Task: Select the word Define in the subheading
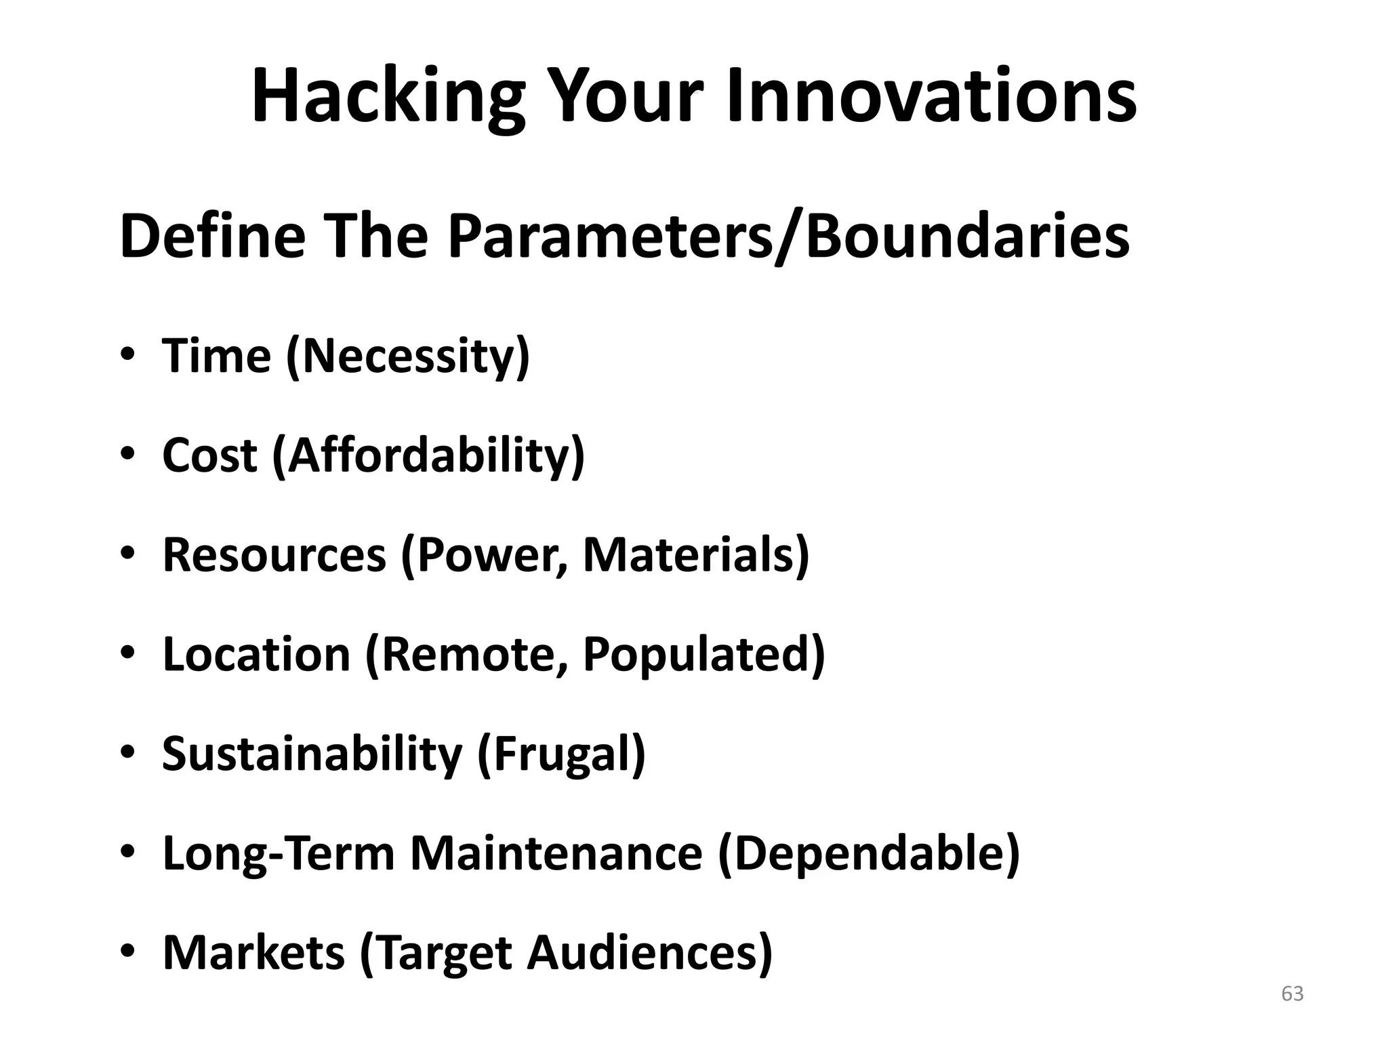tap(211, 237)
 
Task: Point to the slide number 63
tap(1292, 994)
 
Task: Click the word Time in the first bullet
tap(216, 356)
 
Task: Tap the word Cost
tap(209, 455)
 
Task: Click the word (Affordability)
tap(428, 455)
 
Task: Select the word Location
tap(256, 654)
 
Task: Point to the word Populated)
tap(703, 654)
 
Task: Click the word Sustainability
tap(312, 754)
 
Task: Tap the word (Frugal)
tap(561, 754)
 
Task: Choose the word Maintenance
tap(556, 853)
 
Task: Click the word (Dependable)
tap(869, 853)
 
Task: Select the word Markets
tap(253, 952)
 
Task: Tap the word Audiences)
tap(649, 952)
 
